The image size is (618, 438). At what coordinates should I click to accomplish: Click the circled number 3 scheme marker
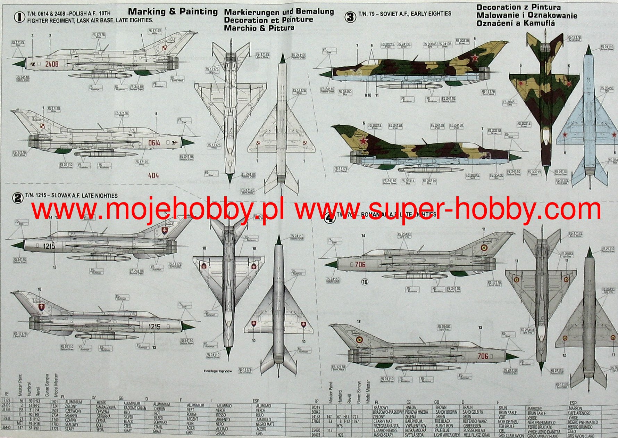(350, 17)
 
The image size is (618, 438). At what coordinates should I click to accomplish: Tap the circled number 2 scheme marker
(17, 198)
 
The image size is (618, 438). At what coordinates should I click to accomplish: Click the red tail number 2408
(52, 64)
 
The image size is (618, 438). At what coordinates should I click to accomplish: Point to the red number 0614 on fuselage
(154, 143)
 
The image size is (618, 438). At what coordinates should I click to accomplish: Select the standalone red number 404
(153, 176)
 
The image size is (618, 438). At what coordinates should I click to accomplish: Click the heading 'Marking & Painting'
(173, 11)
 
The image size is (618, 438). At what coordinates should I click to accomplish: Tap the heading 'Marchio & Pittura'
(259, 28)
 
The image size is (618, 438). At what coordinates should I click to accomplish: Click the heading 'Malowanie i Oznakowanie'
(527, 15)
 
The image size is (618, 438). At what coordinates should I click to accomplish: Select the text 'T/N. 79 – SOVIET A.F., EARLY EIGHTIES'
(404, 14)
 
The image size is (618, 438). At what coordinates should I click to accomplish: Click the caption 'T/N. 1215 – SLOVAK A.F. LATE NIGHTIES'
(71, 196)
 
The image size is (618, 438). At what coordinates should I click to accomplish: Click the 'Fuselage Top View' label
(218, 371)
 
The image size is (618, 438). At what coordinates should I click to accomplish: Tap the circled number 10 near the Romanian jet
(365, 282)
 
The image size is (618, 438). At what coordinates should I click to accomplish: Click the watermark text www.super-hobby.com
(448, 209)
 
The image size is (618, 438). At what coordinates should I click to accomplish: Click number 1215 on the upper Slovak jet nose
(49, 246)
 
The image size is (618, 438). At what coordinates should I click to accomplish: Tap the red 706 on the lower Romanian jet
(483, 356)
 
